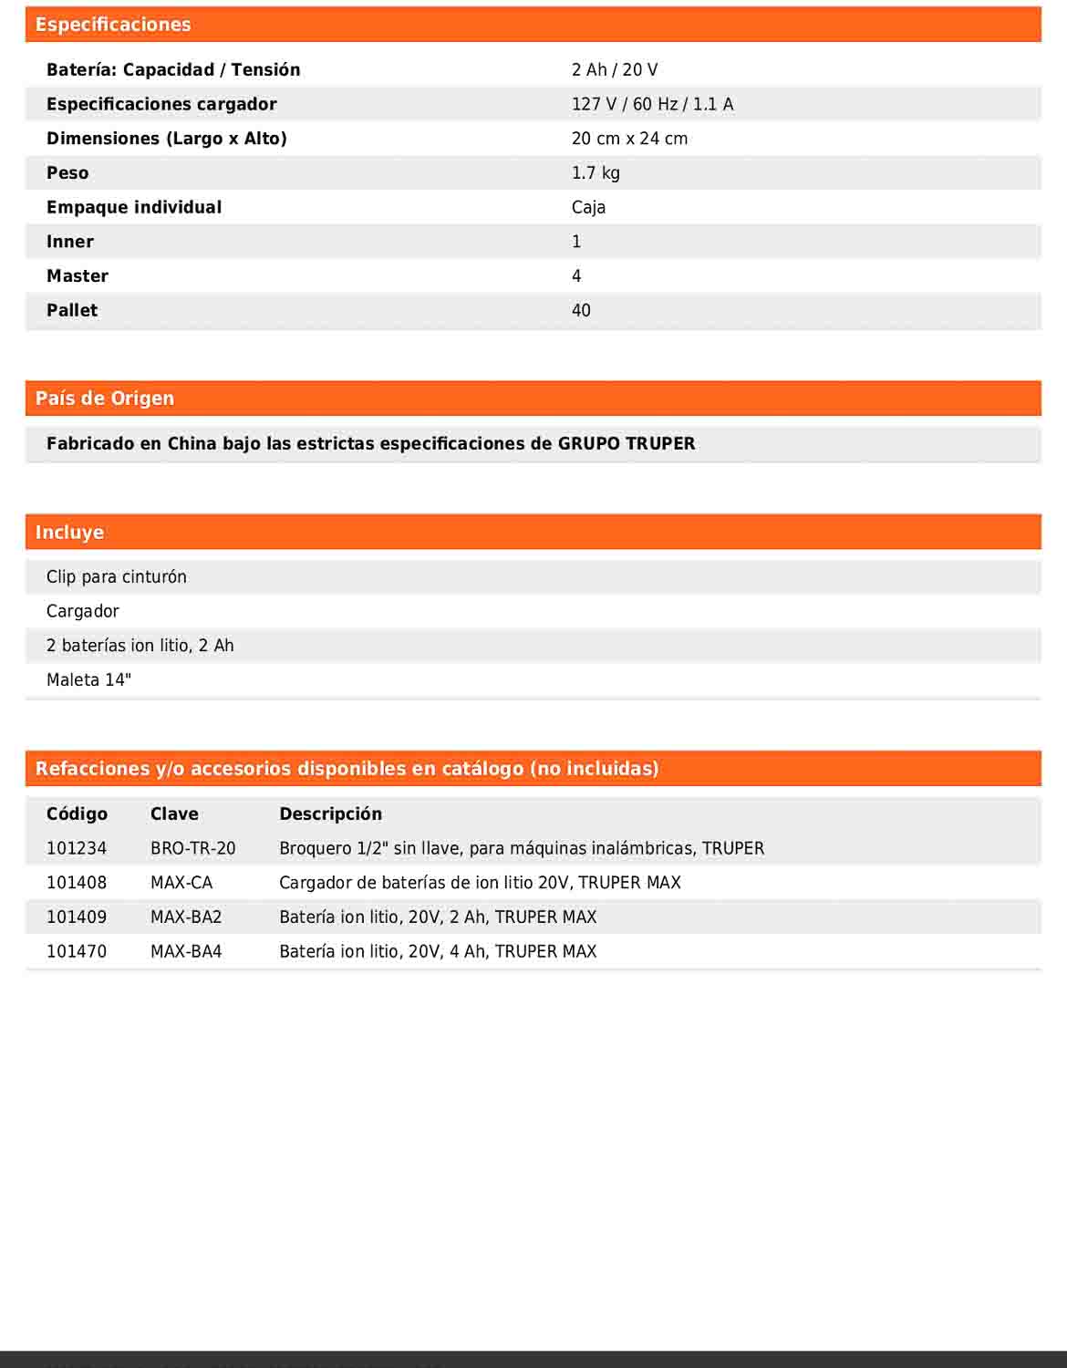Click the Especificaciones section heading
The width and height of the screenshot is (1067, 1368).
click(113, 25)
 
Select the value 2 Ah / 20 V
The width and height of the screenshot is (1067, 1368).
click(614, 70)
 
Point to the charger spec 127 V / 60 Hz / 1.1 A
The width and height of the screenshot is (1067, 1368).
click(652, 104)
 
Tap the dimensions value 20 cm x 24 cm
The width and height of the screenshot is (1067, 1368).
click(629, 139)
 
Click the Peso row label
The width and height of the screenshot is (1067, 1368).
click(67, 173)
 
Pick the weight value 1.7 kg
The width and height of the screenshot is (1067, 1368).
click(596, 173)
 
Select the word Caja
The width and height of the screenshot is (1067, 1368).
click(588, 207)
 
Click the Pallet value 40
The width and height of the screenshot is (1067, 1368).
click(581, 310)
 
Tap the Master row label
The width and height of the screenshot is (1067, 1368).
click(78, 276)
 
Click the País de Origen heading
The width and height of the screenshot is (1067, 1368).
click(105, 399)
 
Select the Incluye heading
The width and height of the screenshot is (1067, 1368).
click(69, 533)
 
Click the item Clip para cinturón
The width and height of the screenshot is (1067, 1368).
click(117, 577)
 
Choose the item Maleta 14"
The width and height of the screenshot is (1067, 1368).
click(88, 680)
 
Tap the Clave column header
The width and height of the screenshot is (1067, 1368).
click(174, 814)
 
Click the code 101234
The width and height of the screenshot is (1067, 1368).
click(77, 849)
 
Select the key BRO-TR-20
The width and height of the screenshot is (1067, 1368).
click(192, 849)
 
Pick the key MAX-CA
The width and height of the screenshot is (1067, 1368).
click(181, 883)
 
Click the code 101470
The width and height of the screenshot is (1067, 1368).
click(77, 952)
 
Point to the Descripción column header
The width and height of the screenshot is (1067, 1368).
click(330, 814)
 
